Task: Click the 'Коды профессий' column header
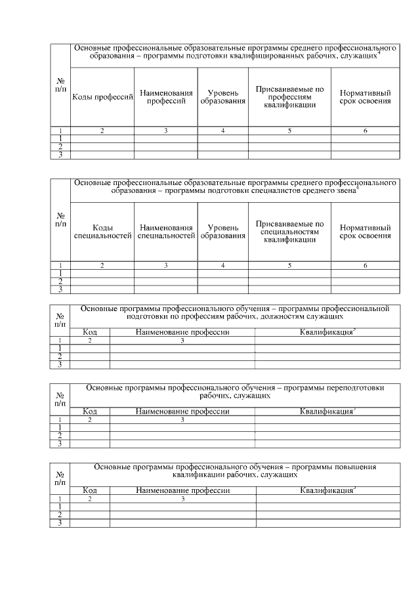pos(102,97)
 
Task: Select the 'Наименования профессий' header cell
pos(166,97)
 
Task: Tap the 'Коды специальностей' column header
pos(102,232)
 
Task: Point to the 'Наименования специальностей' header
pos(166,232)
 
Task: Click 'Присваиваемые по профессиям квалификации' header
pos(289,96)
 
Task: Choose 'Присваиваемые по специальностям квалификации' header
pos(289,232)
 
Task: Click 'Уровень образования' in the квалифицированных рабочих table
pos(223,97)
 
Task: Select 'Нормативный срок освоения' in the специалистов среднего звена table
pos(366,232)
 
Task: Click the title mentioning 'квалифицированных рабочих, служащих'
pos(235,53)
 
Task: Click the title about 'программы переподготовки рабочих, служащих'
pos(235,392)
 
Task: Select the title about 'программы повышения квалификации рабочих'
pos(235,471)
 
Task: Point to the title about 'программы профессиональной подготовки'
pos(235,312)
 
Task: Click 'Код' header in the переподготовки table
pos(90,412)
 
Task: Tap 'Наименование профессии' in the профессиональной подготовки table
pos(182,333)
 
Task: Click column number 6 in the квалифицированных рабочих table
pos(366,131)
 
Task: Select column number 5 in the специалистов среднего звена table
pos(289,265)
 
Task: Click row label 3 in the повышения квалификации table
pos(60,523)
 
